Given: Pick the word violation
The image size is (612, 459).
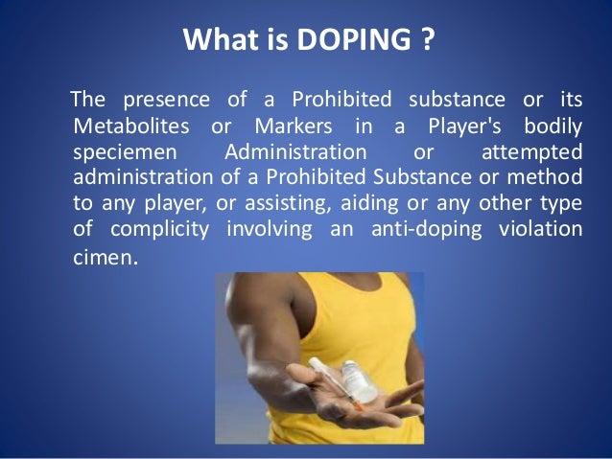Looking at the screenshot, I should pyautogui.click(x=542, y=229).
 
